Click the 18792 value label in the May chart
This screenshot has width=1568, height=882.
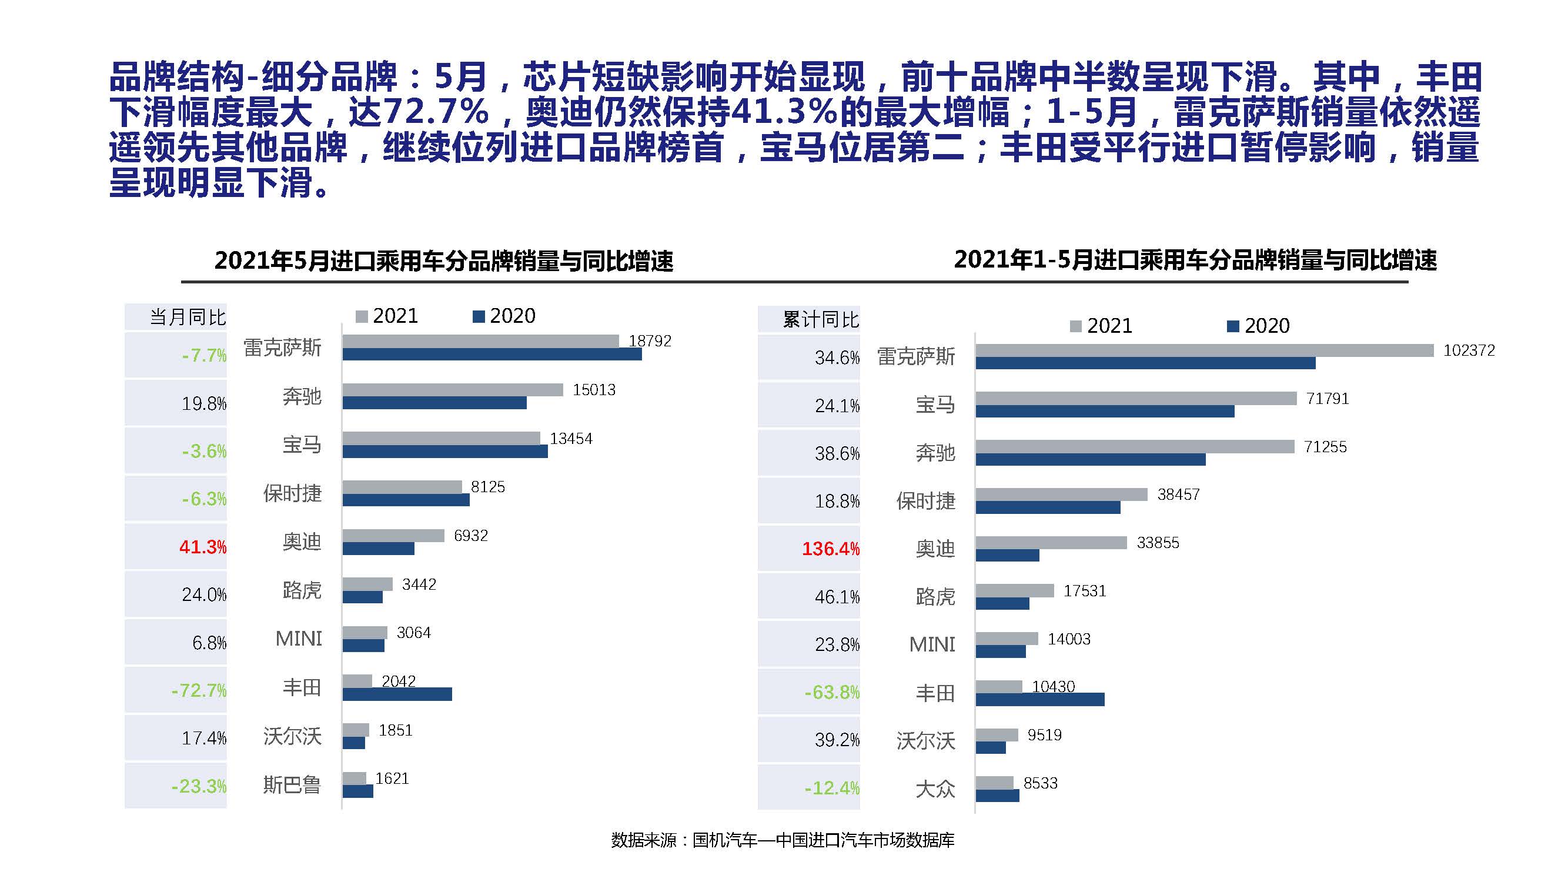[x=650, y=341]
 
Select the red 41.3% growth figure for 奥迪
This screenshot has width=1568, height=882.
[x=203, y=547]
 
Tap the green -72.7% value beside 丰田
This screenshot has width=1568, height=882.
[x=199, y=690]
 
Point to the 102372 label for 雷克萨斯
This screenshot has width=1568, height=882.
[x=1469, y=350]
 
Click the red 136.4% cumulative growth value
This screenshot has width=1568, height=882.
[x=831, y=549]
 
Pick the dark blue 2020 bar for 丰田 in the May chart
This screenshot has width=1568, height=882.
[x=397, y=694]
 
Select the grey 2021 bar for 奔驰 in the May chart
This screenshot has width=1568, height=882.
[x=452, y=390]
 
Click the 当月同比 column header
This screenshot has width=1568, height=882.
[x=188, y=317]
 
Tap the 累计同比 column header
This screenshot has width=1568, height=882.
[x=821, y=319]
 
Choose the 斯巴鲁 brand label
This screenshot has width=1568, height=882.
[x=292, y=784]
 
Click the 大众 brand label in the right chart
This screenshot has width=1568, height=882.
[x=935, y=790]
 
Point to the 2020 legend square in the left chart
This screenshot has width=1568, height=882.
[x=479, y=316]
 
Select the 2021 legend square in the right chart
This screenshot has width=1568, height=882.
[x=1075, y=326]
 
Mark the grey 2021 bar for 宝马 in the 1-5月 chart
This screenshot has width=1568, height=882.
[x=1136, y=398]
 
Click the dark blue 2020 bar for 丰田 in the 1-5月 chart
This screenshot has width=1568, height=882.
[x=1039, y=700]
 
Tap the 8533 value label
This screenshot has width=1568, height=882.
[x=1040, y=783]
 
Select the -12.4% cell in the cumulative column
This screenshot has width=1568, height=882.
[x=831, y=789]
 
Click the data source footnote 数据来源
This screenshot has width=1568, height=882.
[x=783, y=841]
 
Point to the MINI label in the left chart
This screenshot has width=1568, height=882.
[x=298, y=639]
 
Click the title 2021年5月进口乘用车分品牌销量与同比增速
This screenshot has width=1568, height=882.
[x=444, y=260]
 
